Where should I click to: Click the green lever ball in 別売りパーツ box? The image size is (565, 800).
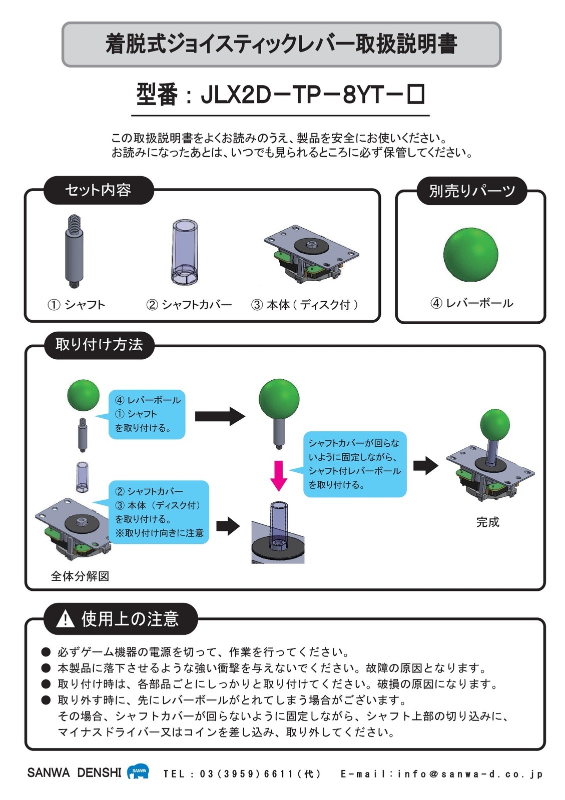pos(470,254)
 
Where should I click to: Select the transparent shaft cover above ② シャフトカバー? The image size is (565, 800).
pos(185,253)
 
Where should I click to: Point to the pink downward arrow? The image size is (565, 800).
pos(279,475)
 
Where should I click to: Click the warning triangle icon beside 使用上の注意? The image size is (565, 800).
pos(65,620)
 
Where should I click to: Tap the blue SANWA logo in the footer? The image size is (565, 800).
pos(138,771)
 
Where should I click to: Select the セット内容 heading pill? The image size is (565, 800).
pos(98,190)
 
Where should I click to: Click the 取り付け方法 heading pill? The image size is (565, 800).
pos(99,345)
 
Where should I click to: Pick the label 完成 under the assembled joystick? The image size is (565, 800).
pos(487,522)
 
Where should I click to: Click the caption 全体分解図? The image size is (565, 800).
pos(80,576)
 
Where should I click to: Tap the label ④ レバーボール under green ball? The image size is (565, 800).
pos(471,303)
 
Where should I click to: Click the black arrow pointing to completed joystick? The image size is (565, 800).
pos(425,465)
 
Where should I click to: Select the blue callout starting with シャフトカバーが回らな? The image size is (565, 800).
pos(354,464)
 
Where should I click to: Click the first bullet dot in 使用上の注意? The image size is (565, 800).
pos(46,652)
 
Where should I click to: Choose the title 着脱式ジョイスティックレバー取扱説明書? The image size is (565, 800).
pos(281,44)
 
